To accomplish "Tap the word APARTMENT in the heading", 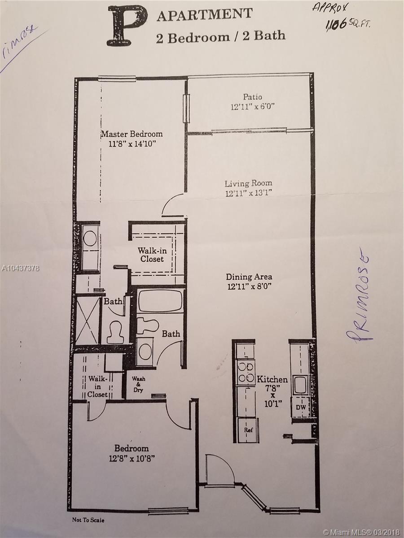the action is coord(205,17).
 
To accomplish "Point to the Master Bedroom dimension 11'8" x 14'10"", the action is coord(132,144).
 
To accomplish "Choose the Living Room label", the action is coord(249,183).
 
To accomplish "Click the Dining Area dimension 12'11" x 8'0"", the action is coord(249,286).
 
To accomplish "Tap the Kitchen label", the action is coord(272,380).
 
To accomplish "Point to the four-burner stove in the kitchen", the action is coord(246,372).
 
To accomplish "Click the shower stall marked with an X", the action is coord(88,321).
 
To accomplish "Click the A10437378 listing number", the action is coord(20,269).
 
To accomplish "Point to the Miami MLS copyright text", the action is coord(363,532).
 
